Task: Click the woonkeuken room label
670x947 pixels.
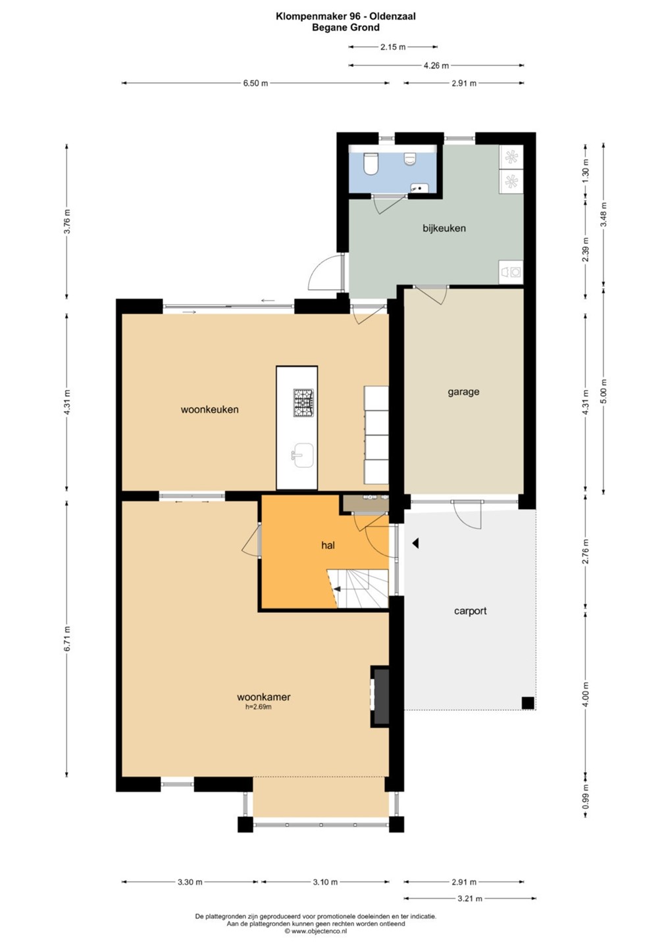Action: pos(209,409)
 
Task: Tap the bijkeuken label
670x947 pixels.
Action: pos(444,228)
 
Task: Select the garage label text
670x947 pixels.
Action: pos(463,392)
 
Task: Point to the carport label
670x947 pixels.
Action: pos(471,611)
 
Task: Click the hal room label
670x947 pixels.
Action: pos(328,545)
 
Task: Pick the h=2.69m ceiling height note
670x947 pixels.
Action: pos(258,706)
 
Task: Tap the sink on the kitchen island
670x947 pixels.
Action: pos(303,455)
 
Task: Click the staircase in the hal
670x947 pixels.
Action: pos(357,589)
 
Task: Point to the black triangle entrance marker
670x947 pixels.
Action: pos(416,543)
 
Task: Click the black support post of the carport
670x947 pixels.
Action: pos(527,702)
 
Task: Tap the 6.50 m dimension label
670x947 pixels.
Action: pos(255,84)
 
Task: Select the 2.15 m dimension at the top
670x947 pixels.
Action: pos(392,47)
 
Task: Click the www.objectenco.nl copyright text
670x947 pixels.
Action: pos(315,931)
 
